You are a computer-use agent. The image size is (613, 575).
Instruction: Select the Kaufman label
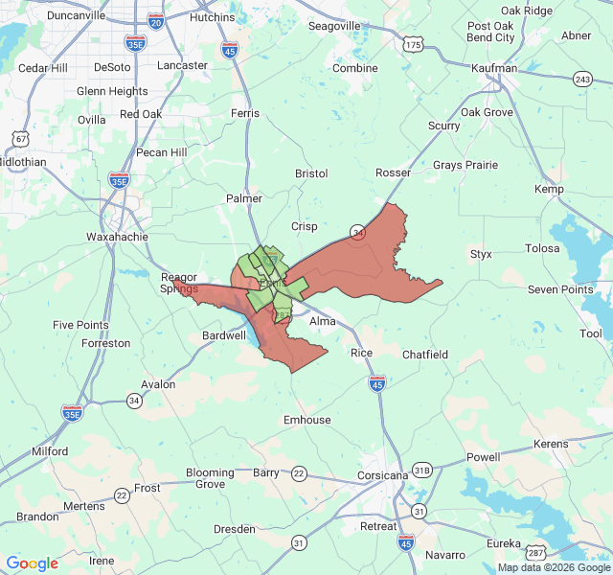(495, 68)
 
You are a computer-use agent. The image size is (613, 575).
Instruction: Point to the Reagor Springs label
(179, 283)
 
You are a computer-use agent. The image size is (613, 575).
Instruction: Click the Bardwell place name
(224, 336)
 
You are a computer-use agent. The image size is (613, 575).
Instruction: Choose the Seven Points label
(561, 289)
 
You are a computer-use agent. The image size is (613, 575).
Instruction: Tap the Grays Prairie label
(465, 165)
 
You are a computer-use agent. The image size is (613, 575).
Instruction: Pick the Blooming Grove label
(210, 478)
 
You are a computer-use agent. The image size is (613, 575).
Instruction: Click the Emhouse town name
(307, 420)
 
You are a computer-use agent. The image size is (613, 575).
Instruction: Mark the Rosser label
(394, 172)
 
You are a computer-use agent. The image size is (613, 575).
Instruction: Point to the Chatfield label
(425, 355)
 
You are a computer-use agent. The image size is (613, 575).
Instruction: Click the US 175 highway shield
(413, 45)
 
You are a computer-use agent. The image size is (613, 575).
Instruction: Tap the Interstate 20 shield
(156, 21)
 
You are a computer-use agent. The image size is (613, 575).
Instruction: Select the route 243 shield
(582, 79)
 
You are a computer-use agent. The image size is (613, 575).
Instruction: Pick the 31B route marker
(422, 470)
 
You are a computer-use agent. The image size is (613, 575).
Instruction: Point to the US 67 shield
(20, 139)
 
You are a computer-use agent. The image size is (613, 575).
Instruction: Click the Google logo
(32, 563)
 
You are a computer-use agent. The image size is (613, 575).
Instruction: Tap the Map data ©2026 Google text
(553, 567)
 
